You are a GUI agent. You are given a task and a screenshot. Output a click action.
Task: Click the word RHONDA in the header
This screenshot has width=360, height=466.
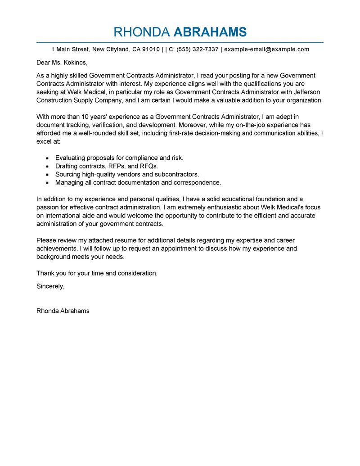[x=142, y=32]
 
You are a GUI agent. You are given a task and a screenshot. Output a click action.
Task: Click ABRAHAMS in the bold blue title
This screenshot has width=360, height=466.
[x=210, y=32]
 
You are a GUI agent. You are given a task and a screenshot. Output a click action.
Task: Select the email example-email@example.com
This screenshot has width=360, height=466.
[x=266, y=49]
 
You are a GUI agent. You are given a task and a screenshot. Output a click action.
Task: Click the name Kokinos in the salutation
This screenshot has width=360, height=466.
[x=74, y=63]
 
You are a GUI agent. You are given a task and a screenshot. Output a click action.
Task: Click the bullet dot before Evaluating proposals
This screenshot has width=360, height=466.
[x=47, y=158]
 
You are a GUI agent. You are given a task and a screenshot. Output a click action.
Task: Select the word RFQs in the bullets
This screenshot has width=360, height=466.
[x=148, y=166]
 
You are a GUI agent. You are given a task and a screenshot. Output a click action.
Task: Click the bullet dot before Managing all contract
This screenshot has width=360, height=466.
[x=47, y=183]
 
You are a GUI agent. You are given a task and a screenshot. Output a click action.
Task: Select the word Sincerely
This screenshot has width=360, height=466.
[x=50, y=286]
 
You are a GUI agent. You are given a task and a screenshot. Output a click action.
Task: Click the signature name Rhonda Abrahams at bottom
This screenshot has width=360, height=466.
[x=63, y=311]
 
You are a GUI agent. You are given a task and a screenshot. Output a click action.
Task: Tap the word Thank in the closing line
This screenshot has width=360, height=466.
[x=45, y=273]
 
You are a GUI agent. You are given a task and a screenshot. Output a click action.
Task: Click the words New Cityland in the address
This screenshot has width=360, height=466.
[x=111, y=49]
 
